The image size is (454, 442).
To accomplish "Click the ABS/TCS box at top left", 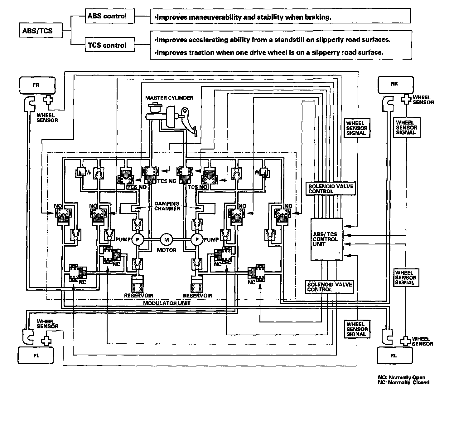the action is click(41, 30).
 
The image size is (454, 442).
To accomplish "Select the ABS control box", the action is click(110, 16).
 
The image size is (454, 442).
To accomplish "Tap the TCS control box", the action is click(110, 44).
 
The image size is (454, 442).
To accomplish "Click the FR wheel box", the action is click(37, 85).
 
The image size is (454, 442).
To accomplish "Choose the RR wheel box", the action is click(395, 85).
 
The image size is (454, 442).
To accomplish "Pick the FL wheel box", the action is click(36, 355).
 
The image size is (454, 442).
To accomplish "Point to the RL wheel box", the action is click(394, 355).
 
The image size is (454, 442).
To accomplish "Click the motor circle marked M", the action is click(166, 239).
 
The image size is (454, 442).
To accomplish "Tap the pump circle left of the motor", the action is click(138, 239).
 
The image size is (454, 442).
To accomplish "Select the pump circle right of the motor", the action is click(197, 239).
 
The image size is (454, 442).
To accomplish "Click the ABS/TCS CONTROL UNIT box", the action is click(327, 239).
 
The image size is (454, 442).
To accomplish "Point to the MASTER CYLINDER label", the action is click(169, 98).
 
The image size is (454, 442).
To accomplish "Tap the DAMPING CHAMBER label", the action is click(167, 206).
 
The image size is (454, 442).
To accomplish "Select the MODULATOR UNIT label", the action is click(167, 303).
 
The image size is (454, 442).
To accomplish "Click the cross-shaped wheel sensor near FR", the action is click(48, 100).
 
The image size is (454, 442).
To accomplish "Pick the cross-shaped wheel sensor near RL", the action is click(405, 341).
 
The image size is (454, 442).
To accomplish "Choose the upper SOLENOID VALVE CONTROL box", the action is click(331, 189).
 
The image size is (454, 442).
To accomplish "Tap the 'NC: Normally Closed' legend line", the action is click(403, 382).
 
